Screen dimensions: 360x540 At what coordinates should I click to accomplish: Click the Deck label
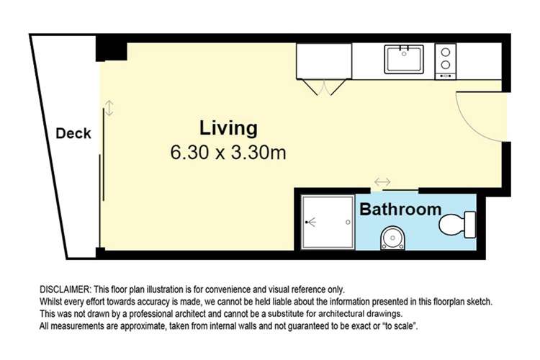click(73, 133)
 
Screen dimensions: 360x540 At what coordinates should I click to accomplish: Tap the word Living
click(228, 129)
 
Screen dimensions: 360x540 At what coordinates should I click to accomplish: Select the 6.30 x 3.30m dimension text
click(228, 153)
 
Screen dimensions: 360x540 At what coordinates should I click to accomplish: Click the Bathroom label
click(400, 210)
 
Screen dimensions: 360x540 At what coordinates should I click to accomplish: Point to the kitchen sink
click(404, 59)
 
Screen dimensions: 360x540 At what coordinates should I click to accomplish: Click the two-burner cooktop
click(446, 58)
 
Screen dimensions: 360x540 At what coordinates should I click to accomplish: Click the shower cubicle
click(327, 222)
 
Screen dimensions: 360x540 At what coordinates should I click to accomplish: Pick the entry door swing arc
click(482, 115)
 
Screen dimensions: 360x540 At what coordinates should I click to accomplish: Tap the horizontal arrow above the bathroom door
click(382, 181)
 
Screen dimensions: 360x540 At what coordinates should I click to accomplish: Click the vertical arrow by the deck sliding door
click(109, 108)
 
